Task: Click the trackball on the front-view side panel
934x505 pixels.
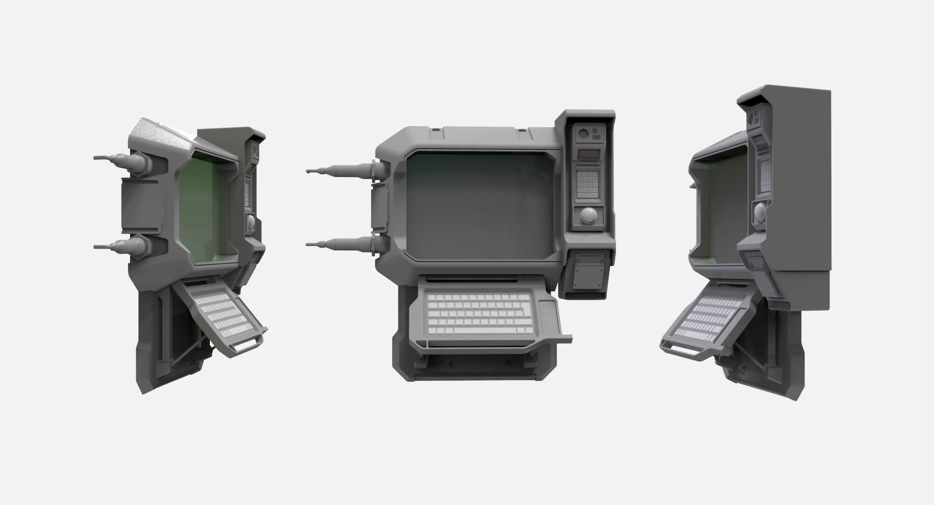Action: pyautogui.click(x=588, y=215)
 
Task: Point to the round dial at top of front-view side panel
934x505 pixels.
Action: pyautogui.click(x=583, y=135)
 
